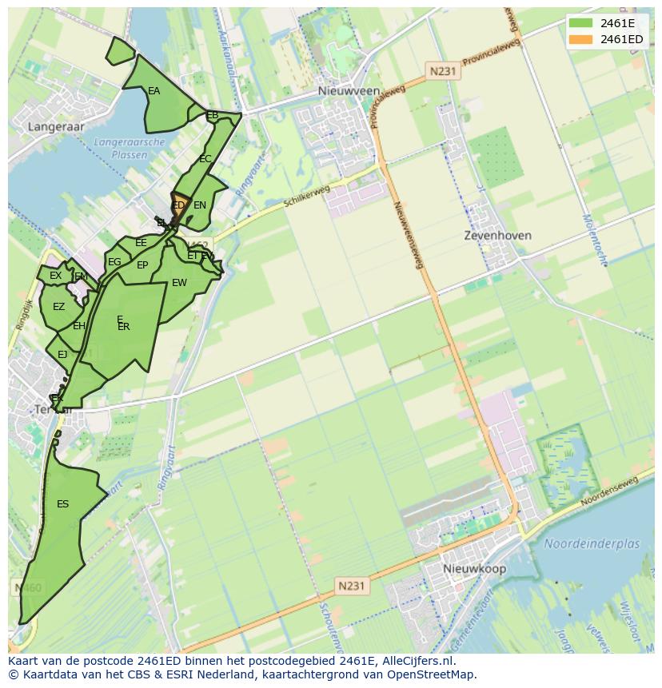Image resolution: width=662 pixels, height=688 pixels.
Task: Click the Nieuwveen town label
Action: [x=349, y=91]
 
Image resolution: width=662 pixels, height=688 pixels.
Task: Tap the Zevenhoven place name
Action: [x=497, y=236]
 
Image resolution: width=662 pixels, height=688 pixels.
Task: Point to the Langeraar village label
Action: [x=56, y=126]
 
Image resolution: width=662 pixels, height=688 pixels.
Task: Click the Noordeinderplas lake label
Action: [x=592, y=543]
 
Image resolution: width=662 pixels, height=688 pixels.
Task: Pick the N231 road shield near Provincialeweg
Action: [x=442, y=71]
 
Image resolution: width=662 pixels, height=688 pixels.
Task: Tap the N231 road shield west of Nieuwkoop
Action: [x=351, y=586]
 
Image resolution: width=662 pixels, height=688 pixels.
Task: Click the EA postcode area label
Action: [x=154, y=91]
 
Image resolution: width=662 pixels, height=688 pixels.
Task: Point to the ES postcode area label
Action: [x=62, y=504]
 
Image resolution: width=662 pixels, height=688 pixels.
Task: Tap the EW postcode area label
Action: [x=179, y=283]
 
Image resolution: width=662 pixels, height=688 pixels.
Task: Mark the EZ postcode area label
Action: [x=58, y=307]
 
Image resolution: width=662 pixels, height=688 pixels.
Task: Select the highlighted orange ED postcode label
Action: [x=178, y=205]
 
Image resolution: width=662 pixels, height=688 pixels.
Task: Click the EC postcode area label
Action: [x=205, y=159]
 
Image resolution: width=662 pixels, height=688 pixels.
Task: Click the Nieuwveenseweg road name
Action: [x=407, y=232]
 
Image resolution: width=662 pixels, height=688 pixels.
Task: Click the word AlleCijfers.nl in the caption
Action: [x=415, y=661]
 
